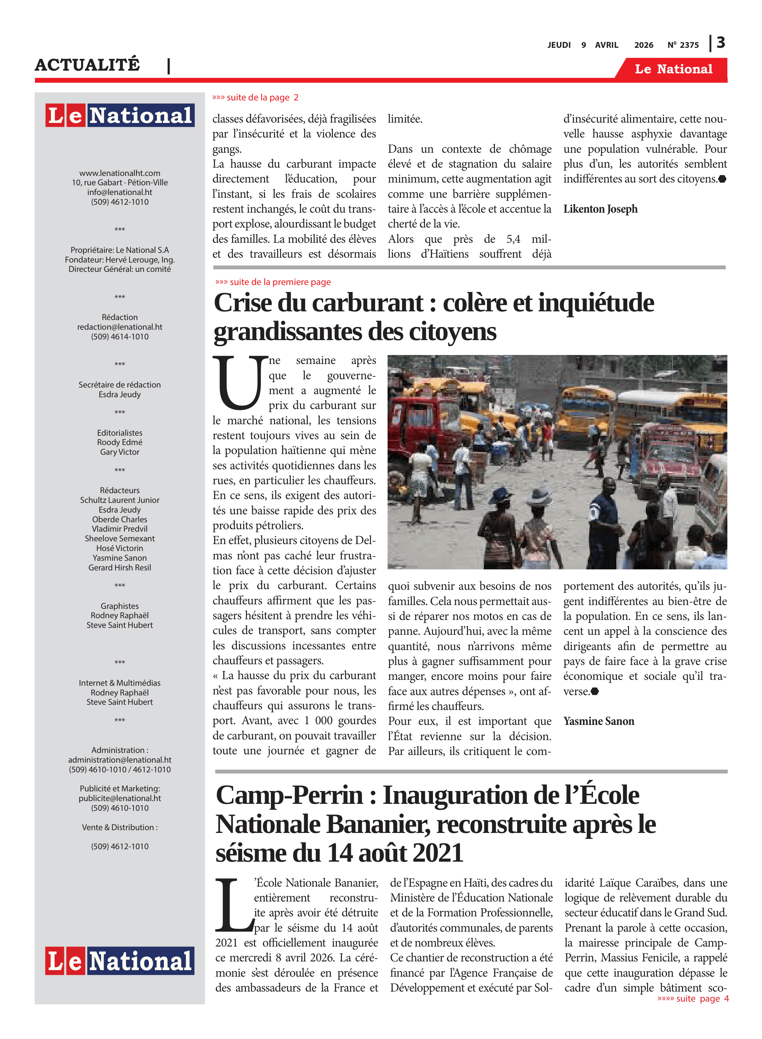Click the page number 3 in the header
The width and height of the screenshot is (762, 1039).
pyautogui.click(x=721, y=43)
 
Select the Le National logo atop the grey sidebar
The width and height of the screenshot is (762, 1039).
pyautogui.click(x=120, y=115)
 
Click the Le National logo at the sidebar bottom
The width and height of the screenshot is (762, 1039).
pyautogui.click(x=120, y=961)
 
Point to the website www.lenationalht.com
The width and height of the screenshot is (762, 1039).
pyautogui.click(x=120, y=173)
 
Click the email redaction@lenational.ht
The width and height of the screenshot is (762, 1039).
pyautogui.click(x=120, y=327)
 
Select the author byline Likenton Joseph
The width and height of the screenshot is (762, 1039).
pyautogui.click(x=600, y=209)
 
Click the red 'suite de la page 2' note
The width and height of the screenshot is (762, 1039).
pyautogui.click(x=256, y=98)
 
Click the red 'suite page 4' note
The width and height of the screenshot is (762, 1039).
pyautogui.click(x=693, y=999)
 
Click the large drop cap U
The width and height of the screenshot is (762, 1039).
pyautogui.click(x=240, y=383)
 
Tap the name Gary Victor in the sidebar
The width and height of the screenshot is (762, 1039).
pyautogui.click(x=120, y=452)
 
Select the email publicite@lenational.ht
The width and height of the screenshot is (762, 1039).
pyautogui.click(x=120, y=798)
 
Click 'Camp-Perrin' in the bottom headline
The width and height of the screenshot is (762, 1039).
pyautogui.click(x=290, y=796)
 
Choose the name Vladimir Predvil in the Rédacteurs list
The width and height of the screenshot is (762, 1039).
pyautogui.click(x=120, y=529)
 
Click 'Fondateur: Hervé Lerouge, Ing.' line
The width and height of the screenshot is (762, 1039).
pyautogui.click(x=120, y=260)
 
